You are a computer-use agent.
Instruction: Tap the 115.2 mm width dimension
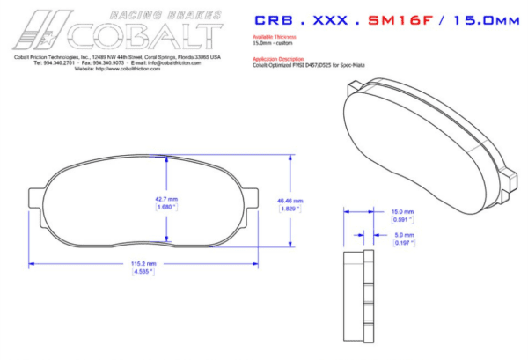pos(143,264)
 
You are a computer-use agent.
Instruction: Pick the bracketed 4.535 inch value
pos(143,272)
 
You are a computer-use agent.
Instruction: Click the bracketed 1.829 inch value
pos(289,209)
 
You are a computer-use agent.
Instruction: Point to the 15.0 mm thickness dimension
pos(402,211)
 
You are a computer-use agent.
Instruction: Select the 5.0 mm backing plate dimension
pos(402,235)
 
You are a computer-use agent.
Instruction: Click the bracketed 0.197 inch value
pos(402,243)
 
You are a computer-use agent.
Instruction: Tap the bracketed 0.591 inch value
pos(402,219)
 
